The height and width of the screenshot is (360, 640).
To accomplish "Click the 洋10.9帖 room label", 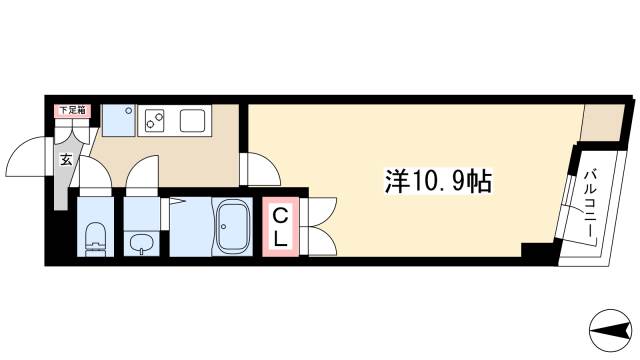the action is (x=438, y=181).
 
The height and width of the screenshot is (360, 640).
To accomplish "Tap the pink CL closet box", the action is (x=280, y=227).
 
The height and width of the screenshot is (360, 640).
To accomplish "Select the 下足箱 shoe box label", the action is (x=73, y=110).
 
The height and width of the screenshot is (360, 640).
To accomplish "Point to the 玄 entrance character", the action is (x=66, y=160).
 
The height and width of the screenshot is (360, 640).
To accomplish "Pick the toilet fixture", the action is (x=95, y=240).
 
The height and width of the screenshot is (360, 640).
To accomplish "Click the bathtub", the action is (x=232, y=227).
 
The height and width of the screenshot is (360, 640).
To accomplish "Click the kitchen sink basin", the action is (x=192, y=120).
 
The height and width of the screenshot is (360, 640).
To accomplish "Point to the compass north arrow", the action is (x=610, y=331).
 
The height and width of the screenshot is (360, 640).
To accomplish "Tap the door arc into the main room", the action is (x=260, y=169).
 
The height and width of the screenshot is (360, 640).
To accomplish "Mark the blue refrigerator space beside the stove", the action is (x=118, y=120).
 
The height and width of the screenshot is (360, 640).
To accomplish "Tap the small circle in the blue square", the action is (x=129, y=110).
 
